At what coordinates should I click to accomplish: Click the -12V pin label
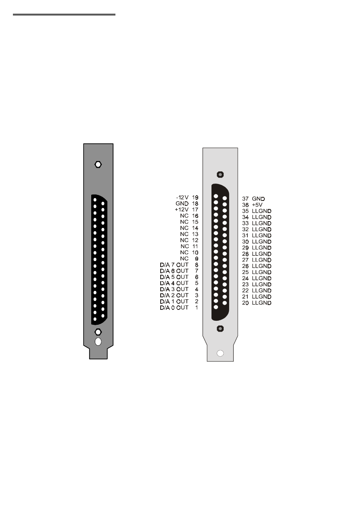[x=182, y=197]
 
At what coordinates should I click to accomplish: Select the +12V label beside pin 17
[x=182, y=209]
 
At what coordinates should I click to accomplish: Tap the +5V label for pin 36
[x=257, y=205]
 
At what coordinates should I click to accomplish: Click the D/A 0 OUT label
[x=174, y=308]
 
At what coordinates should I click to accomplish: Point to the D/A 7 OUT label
[x=174, y=265]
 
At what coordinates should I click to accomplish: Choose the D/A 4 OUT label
[x=174, y=283]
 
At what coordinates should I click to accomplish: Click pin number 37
[x=245, y=199]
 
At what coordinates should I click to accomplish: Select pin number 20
[x=245, y=303]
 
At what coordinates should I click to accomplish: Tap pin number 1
[x=197, y=308]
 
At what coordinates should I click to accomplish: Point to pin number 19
[x=195, y=197]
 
